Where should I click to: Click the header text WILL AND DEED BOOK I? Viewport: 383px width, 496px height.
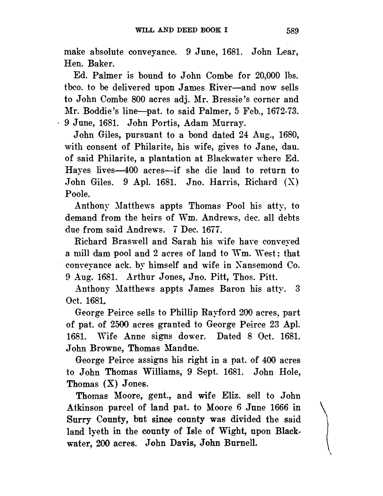pos(181,30)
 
